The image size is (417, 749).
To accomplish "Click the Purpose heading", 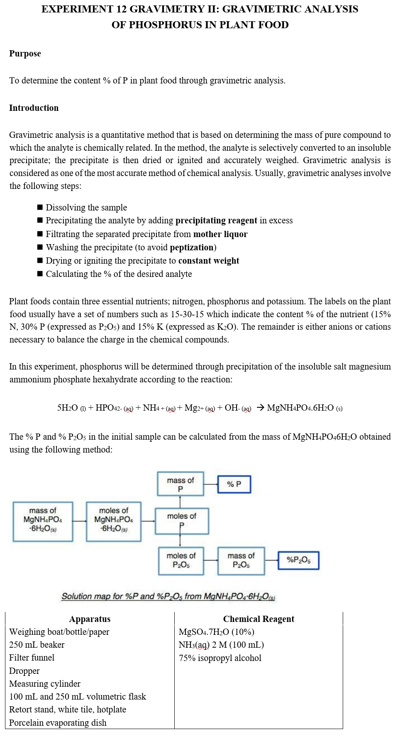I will [25, 54].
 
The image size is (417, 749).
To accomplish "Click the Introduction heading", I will [34, 108].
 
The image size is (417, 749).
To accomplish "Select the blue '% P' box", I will [234, 484].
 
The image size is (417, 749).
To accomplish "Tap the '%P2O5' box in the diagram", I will [298, 560].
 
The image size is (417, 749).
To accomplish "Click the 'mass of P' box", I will [180, 484].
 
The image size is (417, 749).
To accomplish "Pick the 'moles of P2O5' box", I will [181, 561].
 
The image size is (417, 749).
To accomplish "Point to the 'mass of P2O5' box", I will [241, 561].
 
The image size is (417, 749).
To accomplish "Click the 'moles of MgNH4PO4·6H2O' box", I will [114, 521].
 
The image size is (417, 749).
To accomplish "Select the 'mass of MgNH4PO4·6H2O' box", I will [43, 521].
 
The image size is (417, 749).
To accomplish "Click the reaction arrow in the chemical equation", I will [260, 408].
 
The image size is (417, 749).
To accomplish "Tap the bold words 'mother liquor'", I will [220, 234].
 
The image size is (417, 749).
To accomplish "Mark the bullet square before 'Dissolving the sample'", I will [40, 207].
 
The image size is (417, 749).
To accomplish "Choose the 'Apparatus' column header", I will [90, 619].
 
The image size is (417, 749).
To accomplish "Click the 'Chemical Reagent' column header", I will [258, 619].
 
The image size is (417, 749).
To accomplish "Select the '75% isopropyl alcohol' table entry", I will [220, 658].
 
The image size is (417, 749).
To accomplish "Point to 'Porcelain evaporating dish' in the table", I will [58, 722].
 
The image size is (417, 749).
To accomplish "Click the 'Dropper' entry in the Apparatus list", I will [24, 671].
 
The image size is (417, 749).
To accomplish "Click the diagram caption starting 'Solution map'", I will [168, 596].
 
